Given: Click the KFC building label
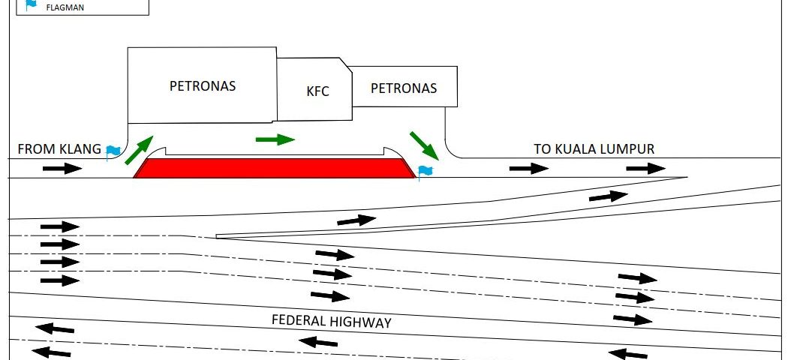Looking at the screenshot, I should point(318,92).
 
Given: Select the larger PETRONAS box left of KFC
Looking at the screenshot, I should point(203,85).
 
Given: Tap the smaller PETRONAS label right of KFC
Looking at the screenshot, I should point(404,88).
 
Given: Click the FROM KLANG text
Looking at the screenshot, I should point(59,149).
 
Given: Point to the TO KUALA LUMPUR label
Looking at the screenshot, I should point(594,148).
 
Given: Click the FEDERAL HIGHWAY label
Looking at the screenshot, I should point(332,322).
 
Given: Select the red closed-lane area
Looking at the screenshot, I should point(275,168).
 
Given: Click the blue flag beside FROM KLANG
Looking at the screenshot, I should point(113,151).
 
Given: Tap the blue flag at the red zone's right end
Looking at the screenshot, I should point(426,172).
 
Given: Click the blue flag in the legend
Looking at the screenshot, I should point(31,4).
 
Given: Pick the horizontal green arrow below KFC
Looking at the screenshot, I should point(275,139).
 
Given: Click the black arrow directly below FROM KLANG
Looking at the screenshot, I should point(62,168).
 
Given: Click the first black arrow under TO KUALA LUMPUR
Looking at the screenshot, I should point(529,168).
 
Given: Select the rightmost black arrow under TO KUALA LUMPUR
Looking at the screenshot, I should point(645,168).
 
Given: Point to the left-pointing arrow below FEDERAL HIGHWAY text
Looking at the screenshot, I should point(317,343).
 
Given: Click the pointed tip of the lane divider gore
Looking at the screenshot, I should point(217,236).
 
